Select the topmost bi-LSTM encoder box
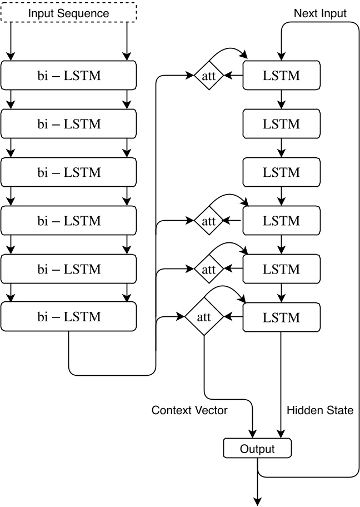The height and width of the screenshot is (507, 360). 69,76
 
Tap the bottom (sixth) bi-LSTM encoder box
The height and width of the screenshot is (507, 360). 69,317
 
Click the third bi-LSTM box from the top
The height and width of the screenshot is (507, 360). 69,172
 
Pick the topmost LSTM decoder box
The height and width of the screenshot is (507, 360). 281,76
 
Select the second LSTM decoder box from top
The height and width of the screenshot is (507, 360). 281,124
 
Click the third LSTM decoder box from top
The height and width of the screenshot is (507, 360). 281,172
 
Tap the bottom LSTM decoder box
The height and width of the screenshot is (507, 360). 281,317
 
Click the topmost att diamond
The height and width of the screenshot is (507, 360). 208,76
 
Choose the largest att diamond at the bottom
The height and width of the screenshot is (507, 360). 204,317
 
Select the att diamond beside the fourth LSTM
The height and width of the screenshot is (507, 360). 208,221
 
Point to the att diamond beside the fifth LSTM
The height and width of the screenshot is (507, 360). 208,269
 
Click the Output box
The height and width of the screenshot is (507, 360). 257,448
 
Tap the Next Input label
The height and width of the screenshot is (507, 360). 319,13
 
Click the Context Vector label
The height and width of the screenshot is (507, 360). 189,410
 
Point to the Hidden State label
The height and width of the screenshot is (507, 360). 320,410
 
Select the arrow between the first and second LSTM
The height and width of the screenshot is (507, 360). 281,98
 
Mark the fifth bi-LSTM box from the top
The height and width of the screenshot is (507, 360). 69,269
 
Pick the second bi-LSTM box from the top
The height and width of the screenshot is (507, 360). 69,124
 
